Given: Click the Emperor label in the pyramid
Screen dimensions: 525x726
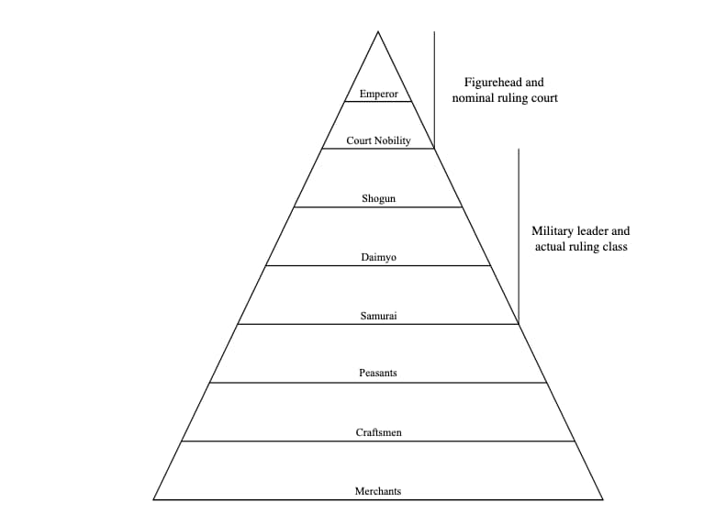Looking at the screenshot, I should click(378, 94).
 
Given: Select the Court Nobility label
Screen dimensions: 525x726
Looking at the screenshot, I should click(378, 140).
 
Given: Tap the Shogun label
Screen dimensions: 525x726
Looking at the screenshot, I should click(378, 198).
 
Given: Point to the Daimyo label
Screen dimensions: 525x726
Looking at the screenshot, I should click(378, 257).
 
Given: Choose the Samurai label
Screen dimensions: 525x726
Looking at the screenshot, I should click(378, 316).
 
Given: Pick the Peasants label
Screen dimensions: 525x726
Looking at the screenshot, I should click(378, 374).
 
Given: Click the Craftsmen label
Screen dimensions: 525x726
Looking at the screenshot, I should click(378, 431).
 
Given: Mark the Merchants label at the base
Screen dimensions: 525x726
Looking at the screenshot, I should click(378, 491).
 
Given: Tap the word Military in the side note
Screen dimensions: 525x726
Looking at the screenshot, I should click(553, 232).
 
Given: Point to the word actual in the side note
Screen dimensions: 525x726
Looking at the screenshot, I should click(549, 247).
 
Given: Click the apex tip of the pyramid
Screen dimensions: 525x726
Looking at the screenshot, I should click(378, 32).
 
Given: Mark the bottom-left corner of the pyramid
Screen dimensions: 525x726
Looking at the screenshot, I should click(153, 499).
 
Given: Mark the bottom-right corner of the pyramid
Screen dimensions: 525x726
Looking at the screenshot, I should click(603, 499).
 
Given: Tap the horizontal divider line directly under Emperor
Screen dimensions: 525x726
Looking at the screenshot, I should click(378, 102).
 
